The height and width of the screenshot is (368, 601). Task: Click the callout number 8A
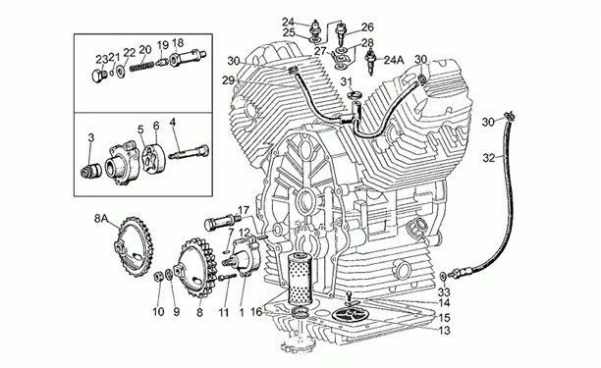pyautogui.click(x=101, y=219)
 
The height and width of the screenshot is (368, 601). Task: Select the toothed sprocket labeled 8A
pyautogui.click(x=134, y=246)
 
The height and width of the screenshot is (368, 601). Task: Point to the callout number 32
pyautogui.click(x=489, y=158)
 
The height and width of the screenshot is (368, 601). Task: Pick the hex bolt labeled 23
pyautogui.click(x=99, y=76)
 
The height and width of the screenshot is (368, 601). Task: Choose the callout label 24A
pyautogui.click(x=394, y=60)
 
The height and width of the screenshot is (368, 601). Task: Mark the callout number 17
pyautogui.click(x=244, y=211)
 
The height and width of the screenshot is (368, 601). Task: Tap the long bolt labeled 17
pyautogui.click(x=222, y=222)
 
